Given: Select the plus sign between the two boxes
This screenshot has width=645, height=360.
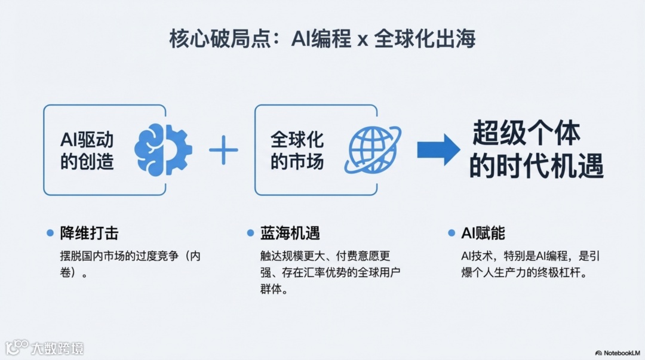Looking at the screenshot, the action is click(223, 150).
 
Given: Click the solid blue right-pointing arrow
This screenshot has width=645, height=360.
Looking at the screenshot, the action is click(438, 150).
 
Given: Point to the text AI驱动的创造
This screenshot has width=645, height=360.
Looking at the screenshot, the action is click(87, 150).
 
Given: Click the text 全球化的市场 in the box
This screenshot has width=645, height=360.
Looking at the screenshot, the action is click(297, 150).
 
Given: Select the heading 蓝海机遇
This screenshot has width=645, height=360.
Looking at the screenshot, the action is click(285, 233).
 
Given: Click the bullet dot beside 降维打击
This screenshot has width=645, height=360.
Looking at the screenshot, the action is click(50, 233).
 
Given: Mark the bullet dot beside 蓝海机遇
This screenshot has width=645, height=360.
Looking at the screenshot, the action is click(250, 233).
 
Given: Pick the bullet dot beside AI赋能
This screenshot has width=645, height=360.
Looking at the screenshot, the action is click(451, 233).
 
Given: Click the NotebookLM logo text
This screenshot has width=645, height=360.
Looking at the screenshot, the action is click(620, 353).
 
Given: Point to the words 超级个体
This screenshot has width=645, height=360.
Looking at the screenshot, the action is click(526, 133).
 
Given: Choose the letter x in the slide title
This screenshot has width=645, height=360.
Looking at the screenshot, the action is click(361, 42).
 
